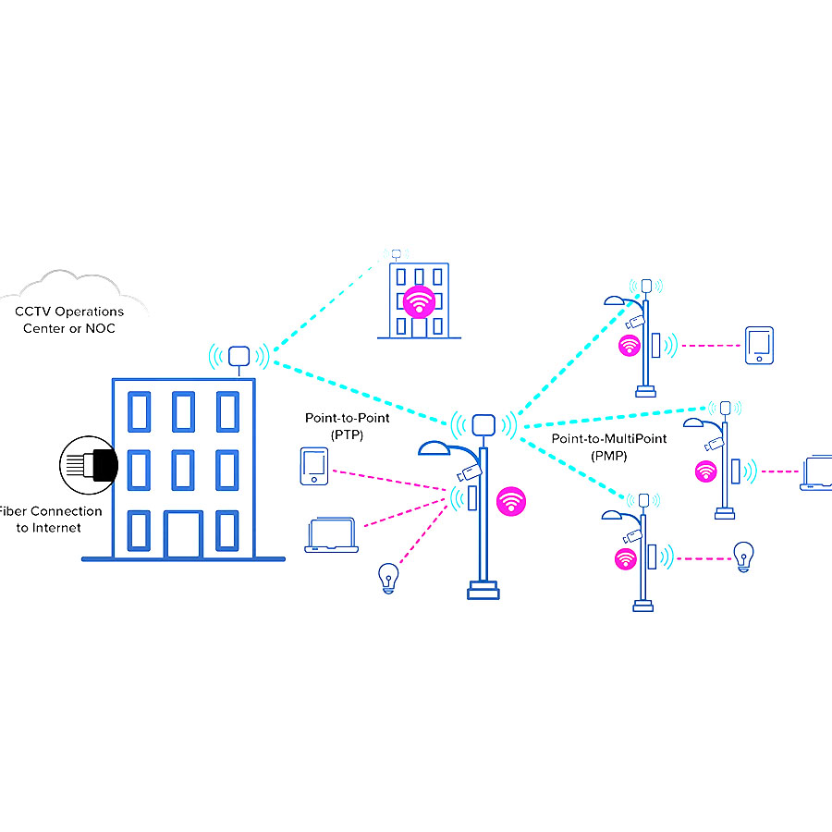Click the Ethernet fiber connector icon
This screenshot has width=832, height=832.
click(x=89, y=462)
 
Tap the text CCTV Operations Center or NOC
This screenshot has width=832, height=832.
click(x=70, y=320)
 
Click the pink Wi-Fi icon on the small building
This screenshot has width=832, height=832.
click(x=418, y=301)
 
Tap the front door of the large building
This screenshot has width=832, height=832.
click(x=182, y=533)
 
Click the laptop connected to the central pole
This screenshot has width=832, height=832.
click(x=331, y=536)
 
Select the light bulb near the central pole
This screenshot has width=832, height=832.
click(x=389, y=578)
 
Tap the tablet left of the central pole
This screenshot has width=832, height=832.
click(x=312, y=466)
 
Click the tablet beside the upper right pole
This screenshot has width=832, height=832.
click(x=759, y=346)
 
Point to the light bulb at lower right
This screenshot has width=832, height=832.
click(x=741, y=557)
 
